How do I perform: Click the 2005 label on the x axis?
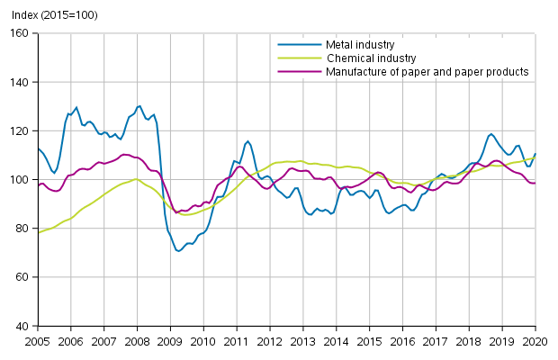click(x=38, y=342)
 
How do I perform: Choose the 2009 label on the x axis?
click(x=170, y=342)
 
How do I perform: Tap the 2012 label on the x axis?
click(x=270, y=342)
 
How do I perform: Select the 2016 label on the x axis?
click(x=402, y=342)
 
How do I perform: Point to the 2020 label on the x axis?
click(x=535, y=342)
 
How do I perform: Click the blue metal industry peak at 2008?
click(x=139, y=105)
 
